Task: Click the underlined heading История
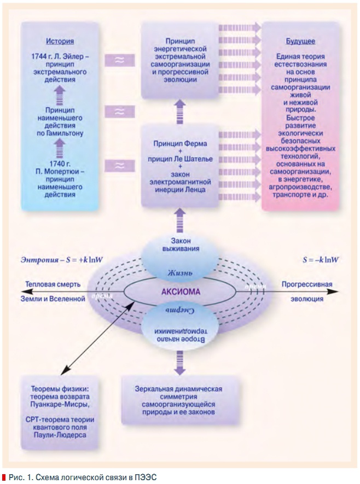60,41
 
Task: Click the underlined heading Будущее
300,41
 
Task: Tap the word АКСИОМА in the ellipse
180,291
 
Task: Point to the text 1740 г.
60,164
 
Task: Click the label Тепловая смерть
55,284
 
